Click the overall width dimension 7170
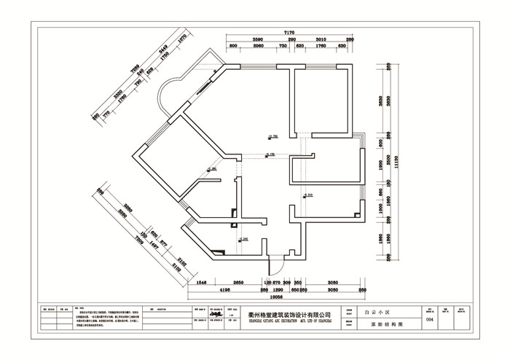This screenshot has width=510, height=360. point(289,33)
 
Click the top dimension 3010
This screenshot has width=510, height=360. point(322,39)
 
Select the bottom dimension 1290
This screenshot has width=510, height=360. point(267,289)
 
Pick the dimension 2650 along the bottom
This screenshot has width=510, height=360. point(238,281)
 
